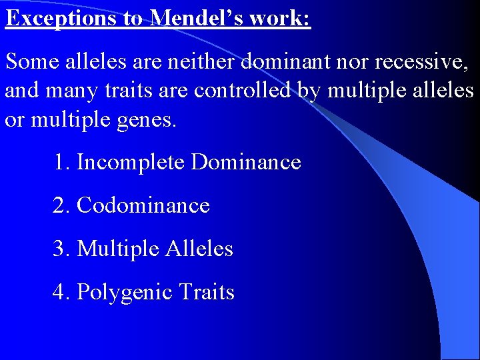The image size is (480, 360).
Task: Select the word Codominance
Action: [x=143, y=205]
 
